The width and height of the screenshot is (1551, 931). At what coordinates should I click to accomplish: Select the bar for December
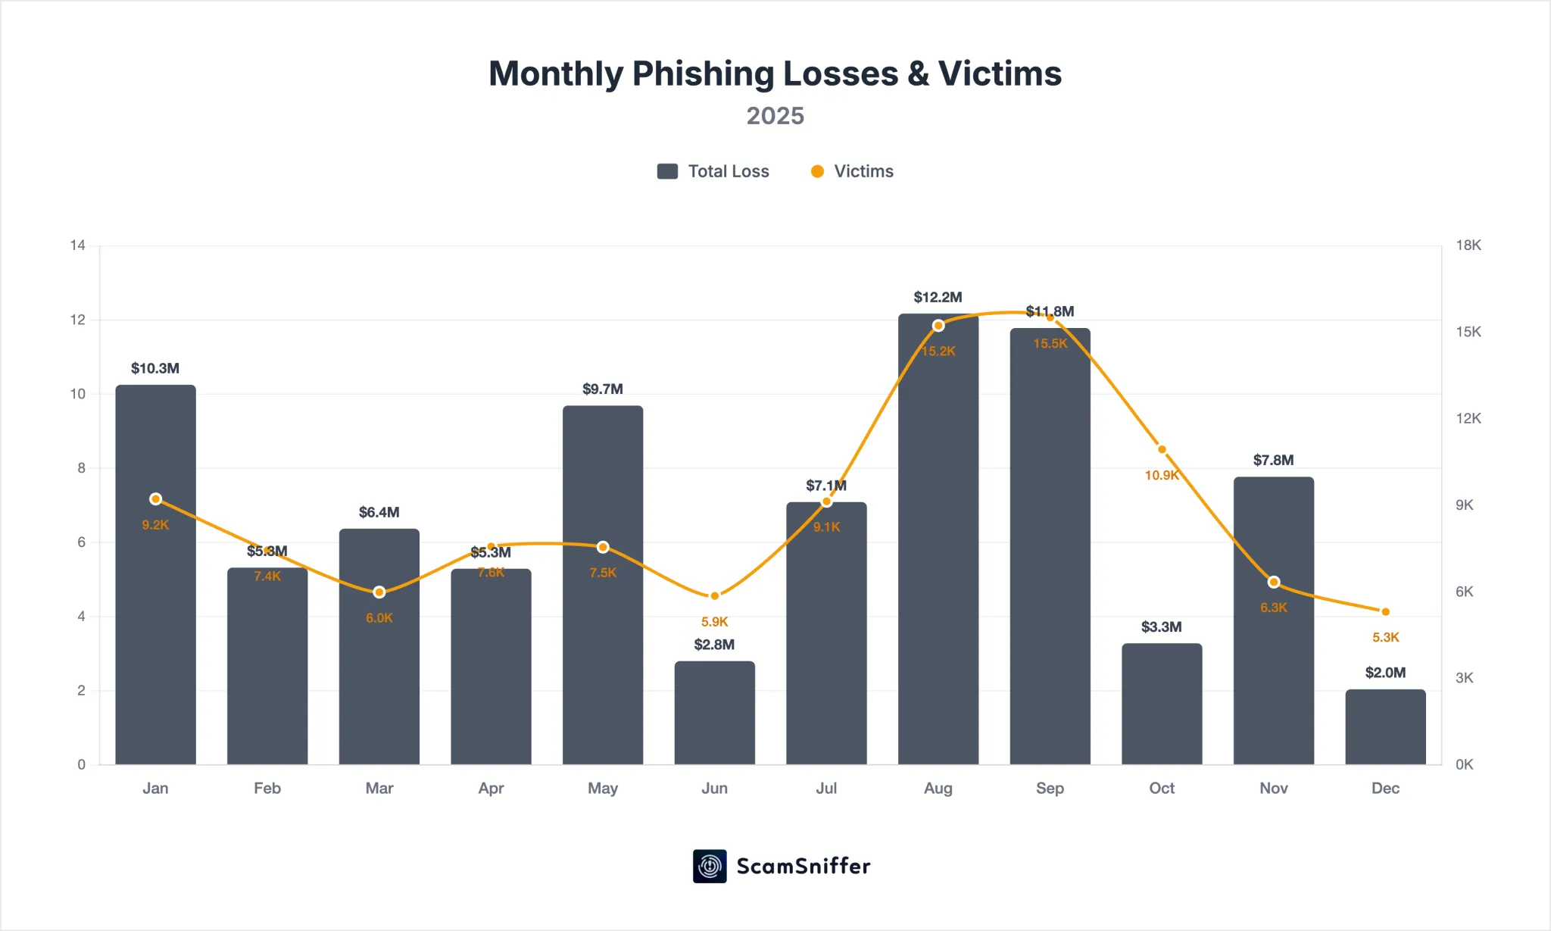coord(1385,727)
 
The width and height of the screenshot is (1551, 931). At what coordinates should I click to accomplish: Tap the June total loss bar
coord(714,713)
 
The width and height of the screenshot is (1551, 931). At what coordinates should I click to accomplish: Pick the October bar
coord(1162,704)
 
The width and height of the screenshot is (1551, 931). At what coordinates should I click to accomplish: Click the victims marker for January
coord(155,499)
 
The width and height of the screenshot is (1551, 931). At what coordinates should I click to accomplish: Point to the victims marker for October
coord(1162,449)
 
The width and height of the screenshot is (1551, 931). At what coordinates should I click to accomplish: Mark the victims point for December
coord(1385,611)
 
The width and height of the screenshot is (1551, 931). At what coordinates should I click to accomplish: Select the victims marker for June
coord(714,596)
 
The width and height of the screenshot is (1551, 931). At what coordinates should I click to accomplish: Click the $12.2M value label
coord(938,297)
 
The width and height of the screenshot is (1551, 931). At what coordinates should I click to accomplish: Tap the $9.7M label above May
coord(602,389)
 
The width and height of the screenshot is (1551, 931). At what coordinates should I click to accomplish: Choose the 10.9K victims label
coord(1162,476)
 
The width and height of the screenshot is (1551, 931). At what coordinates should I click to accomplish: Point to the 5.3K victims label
coord(1385,638)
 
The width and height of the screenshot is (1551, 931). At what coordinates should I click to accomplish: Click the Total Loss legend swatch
coord(667,171)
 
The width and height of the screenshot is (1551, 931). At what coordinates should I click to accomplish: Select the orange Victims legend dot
coord(817,171)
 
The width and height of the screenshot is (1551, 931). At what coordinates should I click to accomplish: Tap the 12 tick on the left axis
coord(77,320)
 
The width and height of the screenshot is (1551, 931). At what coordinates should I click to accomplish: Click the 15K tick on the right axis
coord(1468,332)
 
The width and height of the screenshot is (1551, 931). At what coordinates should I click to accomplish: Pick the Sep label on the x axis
coord(1050,789)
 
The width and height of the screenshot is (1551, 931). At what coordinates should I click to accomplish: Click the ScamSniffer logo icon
coord(710,866)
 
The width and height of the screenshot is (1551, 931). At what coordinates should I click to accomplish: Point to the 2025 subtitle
coord(775,116)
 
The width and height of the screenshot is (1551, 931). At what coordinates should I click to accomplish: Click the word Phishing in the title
coord(704,74)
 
